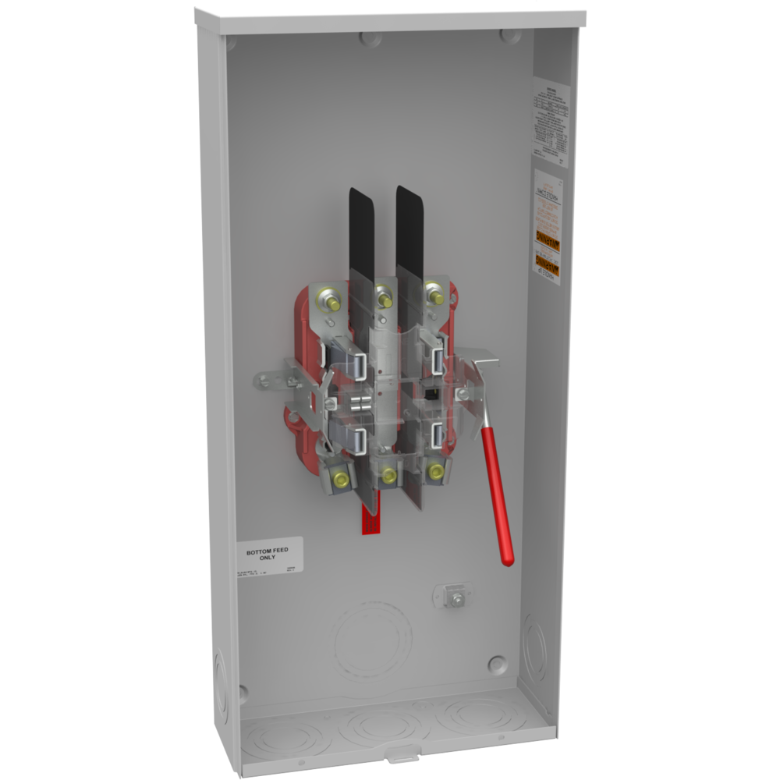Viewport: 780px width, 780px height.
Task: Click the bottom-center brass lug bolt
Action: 388,475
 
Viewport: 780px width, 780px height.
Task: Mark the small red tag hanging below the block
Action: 370,519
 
